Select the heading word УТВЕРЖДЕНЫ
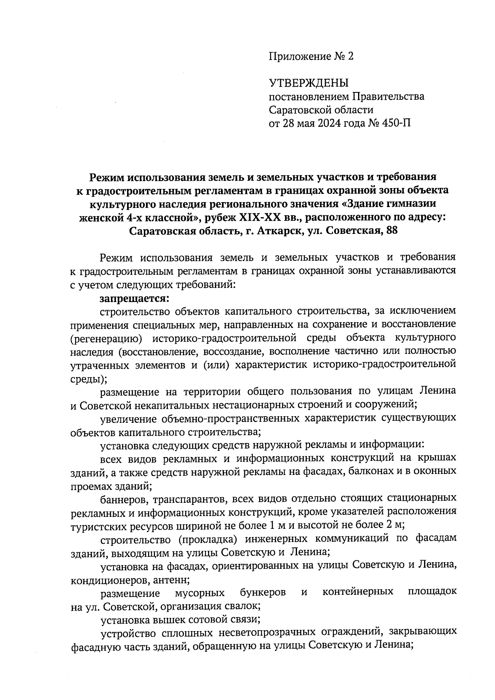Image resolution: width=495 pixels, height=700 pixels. click(x=309, y=83)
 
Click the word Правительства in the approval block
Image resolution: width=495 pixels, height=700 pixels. click(x=388, y=97)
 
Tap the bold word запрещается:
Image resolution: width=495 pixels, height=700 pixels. click(x=135, y=297)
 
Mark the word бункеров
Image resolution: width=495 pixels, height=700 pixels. click(x=263, y=593)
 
